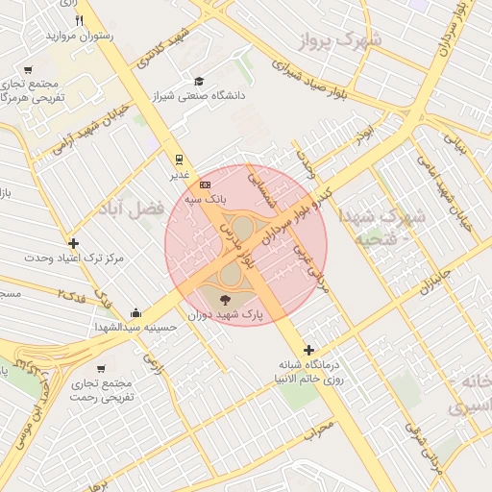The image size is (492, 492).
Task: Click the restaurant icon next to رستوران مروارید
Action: pyautogui.click(x=80, y=20)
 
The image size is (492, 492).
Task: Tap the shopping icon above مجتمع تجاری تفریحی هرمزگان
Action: pyautogui.click(x=28, y=70)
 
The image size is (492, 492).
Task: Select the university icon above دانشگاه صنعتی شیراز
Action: pyautogui.click(x=199, y=82)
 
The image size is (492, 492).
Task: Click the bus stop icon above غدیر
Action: pyautogui.click(x=179, y=160)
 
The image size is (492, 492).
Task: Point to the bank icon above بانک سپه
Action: pyautogui.click(x=205, y=184)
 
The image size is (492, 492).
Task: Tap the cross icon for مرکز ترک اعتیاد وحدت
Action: pyautogui.click(x=73, y=243)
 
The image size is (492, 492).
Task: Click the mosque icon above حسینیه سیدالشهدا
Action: pyautogui.click(x=136, y=312)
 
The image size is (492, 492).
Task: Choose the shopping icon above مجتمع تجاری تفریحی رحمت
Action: pyautogui.click(x=101, y=369)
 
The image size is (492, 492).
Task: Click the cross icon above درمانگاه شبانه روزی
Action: pyautogui.click(x=307, y=350)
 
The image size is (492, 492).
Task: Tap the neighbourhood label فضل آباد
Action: pyautogui.click(x=128, y=208)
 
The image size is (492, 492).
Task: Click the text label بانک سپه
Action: pyautogui.click(x=206, y=198)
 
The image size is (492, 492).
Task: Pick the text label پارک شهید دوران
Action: pyautogui.click(x=227, y=314)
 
